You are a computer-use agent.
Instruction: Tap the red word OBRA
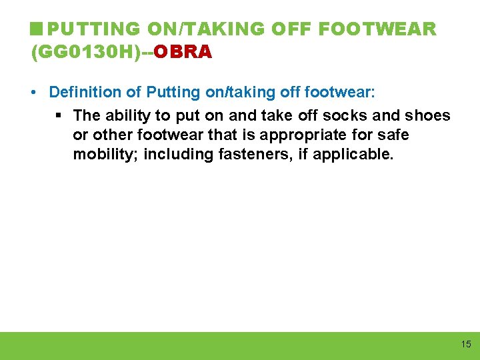[x=183, y=51]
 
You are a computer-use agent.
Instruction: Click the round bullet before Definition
[x=34, y=92]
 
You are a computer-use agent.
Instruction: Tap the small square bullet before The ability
[x=58, y=115]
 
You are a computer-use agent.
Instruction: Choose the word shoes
[x=427, y=115]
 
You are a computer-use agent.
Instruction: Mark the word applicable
[x=363, y=155]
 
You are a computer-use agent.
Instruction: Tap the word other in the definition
[x=111, y=135]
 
